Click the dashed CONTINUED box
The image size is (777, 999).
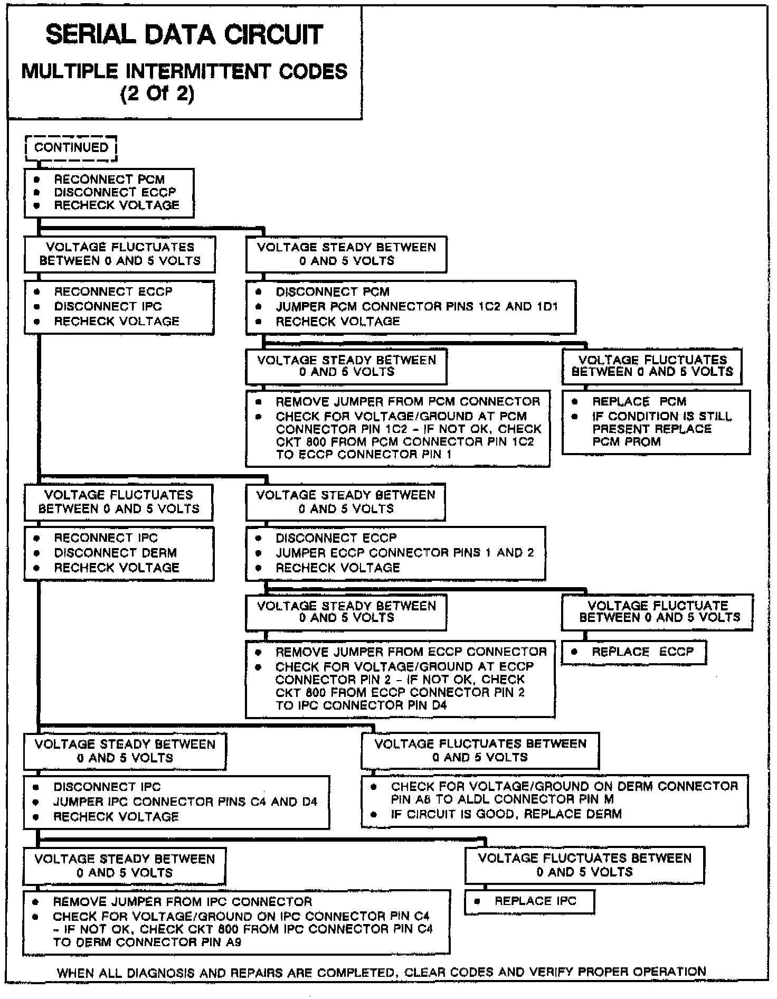(71, 148)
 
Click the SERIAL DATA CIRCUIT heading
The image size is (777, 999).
(184, 35)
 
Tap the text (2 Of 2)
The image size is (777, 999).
(157, 94)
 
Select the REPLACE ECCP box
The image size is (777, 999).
(633, 652)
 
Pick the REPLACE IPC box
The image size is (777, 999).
(529, 901)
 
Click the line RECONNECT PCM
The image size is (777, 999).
(109, 180)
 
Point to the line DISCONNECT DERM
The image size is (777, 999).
(115, 553)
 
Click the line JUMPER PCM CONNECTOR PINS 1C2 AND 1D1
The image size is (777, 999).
(416, 307)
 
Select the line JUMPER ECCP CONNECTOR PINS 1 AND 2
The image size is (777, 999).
(404, 553)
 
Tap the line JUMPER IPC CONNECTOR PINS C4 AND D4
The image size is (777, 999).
(185, 802)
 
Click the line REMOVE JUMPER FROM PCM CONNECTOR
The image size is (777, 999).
(408, 402)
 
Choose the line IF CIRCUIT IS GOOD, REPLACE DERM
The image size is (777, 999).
(506, 814)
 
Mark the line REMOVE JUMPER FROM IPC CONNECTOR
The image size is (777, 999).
(182, 901)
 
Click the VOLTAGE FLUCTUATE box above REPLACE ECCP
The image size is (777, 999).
(657, 611)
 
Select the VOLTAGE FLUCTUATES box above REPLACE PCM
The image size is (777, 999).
(652, 366)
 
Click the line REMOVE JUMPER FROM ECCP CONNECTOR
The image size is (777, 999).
(411, 652)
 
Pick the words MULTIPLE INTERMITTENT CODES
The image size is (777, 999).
(184, 72)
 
